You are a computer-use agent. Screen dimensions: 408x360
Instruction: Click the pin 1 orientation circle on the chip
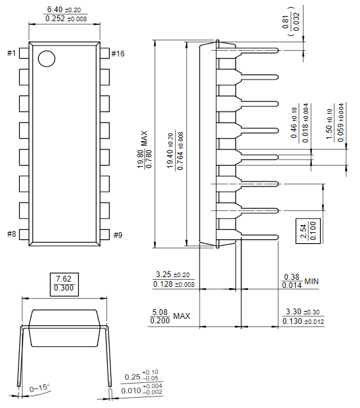(x=46, y=58)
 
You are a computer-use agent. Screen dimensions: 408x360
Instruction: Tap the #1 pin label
(x=12, y=53)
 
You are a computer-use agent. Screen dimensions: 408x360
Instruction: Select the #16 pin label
(x=117, y=53)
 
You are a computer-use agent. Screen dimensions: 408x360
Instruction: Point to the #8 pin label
(x=12, y=234)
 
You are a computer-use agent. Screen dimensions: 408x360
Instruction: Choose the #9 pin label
(x=117, y=235)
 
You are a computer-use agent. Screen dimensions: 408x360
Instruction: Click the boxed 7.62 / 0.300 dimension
(x=64, y=284)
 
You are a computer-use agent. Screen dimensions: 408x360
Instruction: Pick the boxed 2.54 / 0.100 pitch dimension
(x=308, y=230)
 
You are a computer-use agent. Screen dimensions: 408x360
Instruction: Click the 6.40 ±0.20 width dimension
(x=64, y=14)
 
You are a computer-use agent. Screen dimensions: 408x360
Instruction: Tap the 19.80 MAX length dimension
(x=145, y=151)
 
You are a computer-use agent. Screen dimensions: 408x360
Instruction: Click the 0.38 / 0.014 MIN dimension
(x=300, y=281)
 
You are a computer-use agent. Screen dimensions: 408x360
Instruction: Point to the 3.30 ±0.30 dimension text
(x=303, y=316)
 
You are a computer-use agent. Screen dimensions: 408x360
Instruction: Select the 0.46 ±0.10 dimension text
(x=299, y=123)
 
